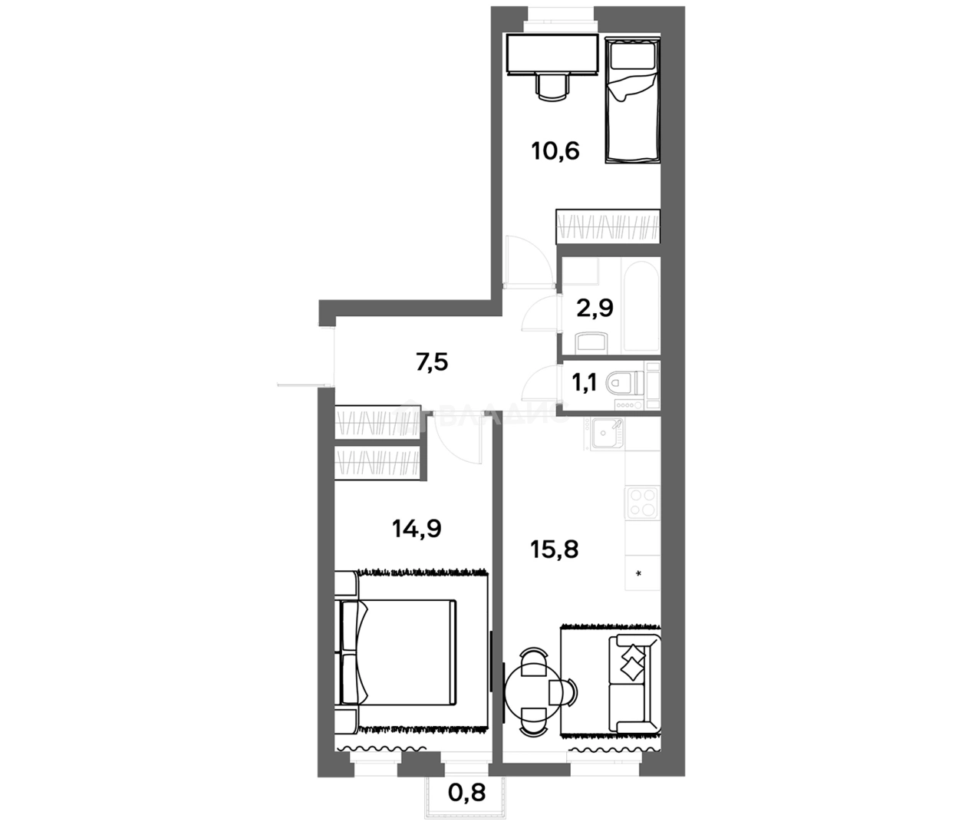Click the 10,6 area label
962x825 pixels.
(555, 150)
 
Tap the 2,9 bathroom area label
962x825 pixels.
(595, 309)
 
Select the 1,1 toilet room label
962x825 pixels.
(585, 382)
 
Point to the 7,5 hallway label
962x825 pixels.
(432, 361)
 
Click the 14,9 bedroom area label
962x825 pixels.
(416, 528)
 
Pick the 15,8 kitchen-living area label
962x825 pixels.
(554, 549)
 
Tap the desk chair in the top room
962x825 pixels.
(553, 86)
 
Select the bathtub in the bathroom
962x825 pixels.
(641, 307)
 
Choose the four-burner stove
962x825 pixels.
(643, 503)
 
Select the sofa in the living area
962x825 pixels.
(632, 684)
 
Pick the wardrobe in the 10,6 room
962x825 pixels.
(607, 227)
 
